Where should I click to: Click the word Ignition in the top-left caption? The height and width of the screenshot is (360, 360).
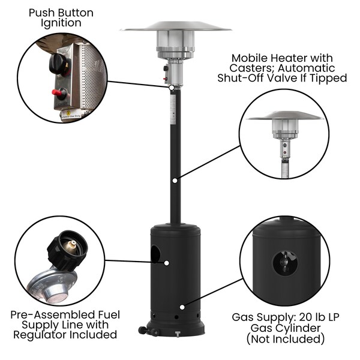[61, 23]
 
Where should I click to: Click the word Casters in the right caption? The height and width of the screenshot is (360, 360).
[252, 68]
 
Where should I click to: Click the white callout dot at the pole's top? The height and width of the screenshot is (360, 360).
[171, 88]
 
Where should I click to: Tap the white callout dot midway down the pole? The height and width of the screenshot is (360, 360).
[175, 181]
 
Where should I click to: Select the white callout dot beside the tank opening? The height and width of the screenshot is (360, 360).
[167, 263]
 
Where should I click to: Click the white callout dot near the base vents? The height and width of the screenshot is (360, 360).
[182, 307]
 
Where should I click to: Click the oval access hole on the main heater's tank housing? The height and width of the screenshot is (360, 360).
[155, 254]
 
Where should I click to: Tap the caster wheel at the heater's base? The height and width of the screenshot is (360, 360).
[142, 331]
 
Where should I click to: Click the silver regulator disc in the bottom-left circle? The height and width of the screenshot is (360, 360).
[51, 286]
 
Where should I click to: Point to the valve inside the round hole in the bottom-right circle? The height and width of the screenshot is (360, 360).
[285, 262]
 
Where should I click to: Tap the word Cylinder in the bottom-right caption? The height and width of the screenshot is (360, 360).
[298, 328]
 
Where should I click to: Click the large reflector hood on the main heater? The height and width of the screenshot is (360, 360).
[176, 27]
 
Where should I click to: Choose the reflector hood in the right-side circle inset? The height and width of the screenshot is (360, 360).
[285, 116]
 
